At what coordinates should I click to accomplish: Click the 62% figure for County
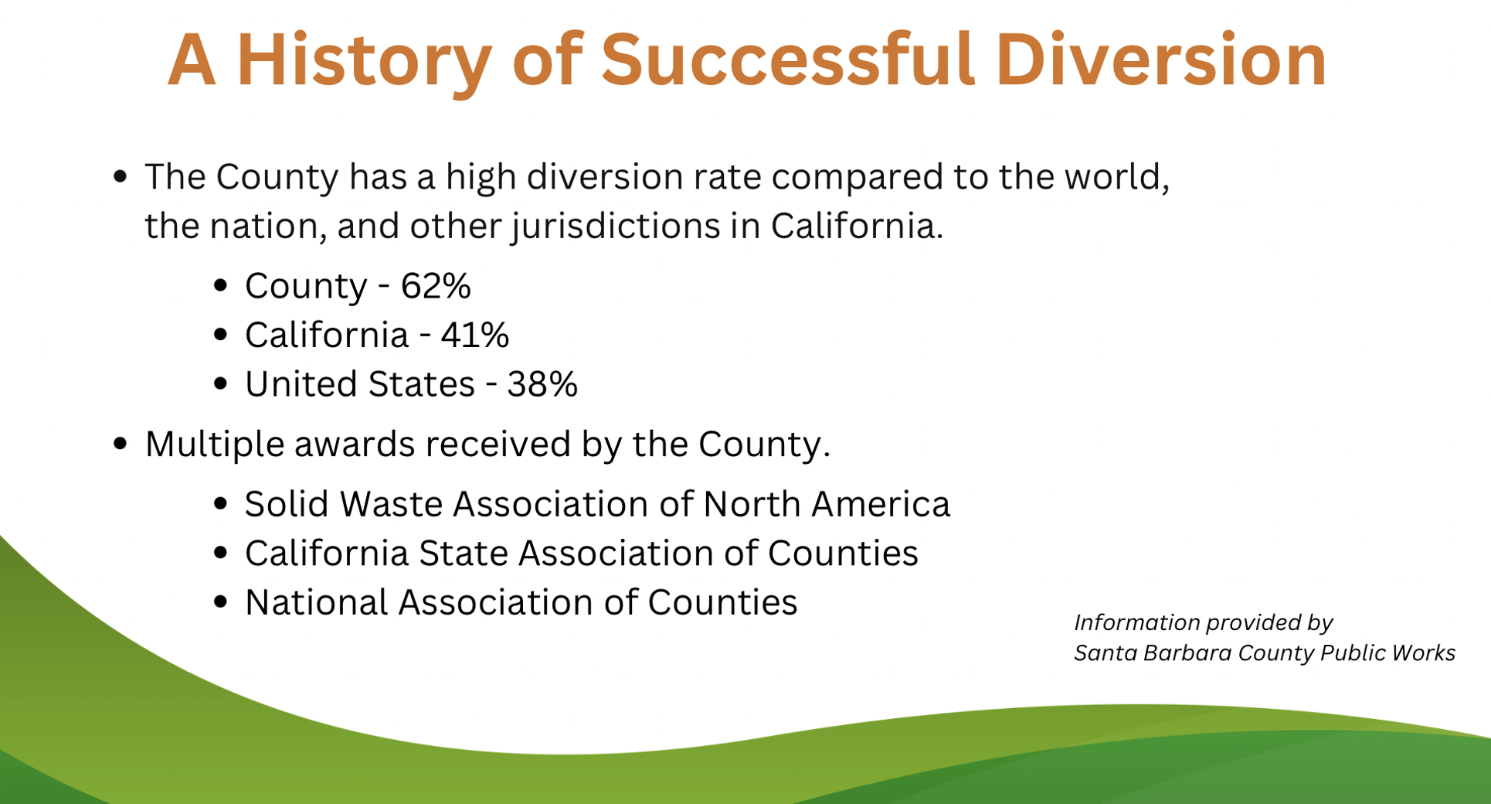(436, 286)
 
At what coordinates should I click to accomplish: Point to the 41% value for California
(475, 336)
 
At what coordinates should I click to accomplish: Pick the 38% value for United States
(542, 384)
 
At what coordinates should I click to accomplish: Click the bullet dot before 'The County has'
(120, 177)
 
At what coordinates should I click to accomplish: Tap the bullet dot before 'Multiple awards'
(120, 444)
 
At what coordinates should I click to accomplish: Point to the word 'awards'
(355, 445)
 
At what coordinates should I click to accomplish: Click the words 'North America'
(827, 504)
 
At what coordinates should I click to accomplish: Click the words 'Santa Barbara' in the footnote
(1153, 653)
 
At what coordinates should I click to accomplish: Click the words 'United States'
(360, 384)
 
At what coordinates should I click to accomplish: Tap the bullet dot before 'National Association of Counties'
(221, 602)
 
